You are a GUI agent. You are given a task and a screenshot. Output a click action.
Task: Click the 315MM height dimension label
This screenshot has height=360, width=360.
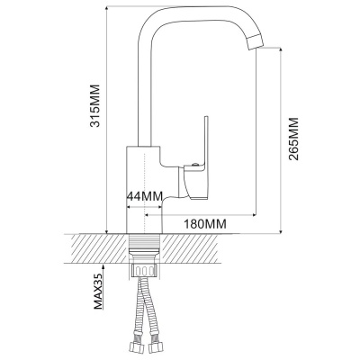(96, 106)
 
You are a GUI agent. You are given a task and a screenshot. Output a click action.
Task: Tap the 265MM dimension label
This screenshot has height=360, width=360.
(293, 139)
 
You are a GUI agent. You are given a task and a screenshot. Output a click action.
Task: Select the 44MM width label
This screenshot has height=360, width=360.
(145, 196)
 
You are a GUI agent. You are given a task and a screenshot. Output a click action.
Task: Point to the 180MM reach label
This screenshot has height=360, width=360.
(205, 223)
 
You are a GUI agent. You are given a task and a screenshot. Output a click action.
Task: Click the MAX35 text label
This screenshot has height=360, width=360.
(98, 291)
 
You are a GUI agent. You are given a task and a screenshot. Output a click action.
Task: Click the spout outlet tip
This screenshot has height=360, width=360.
(256, 43)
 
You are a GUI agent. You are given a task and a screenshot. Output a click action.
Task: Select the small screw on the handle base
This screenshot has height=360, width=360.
(195, 164)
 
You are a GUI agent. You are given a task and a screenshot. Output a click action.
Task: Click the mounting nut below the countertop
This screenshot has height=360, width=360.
(144, 269)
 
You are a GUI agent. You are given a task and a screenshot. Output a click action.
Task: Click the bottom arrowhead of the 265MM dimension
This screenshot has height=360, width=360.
(281, 229)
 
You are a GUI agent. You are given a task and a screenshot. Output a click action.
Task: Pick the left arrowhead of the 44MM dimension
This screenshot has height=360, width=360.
(130, 207)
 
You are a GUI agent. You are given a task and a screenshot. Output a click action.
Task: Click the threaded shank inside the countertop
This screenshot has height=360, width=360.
(144, 245)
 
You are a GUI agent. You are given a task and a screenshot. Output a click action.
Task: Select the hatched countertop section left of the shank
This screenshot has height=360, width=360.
(97, 248)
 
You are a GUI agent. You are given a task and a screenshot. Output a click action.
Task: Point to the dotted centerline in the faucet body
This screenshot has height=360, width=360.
(145, 192)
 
